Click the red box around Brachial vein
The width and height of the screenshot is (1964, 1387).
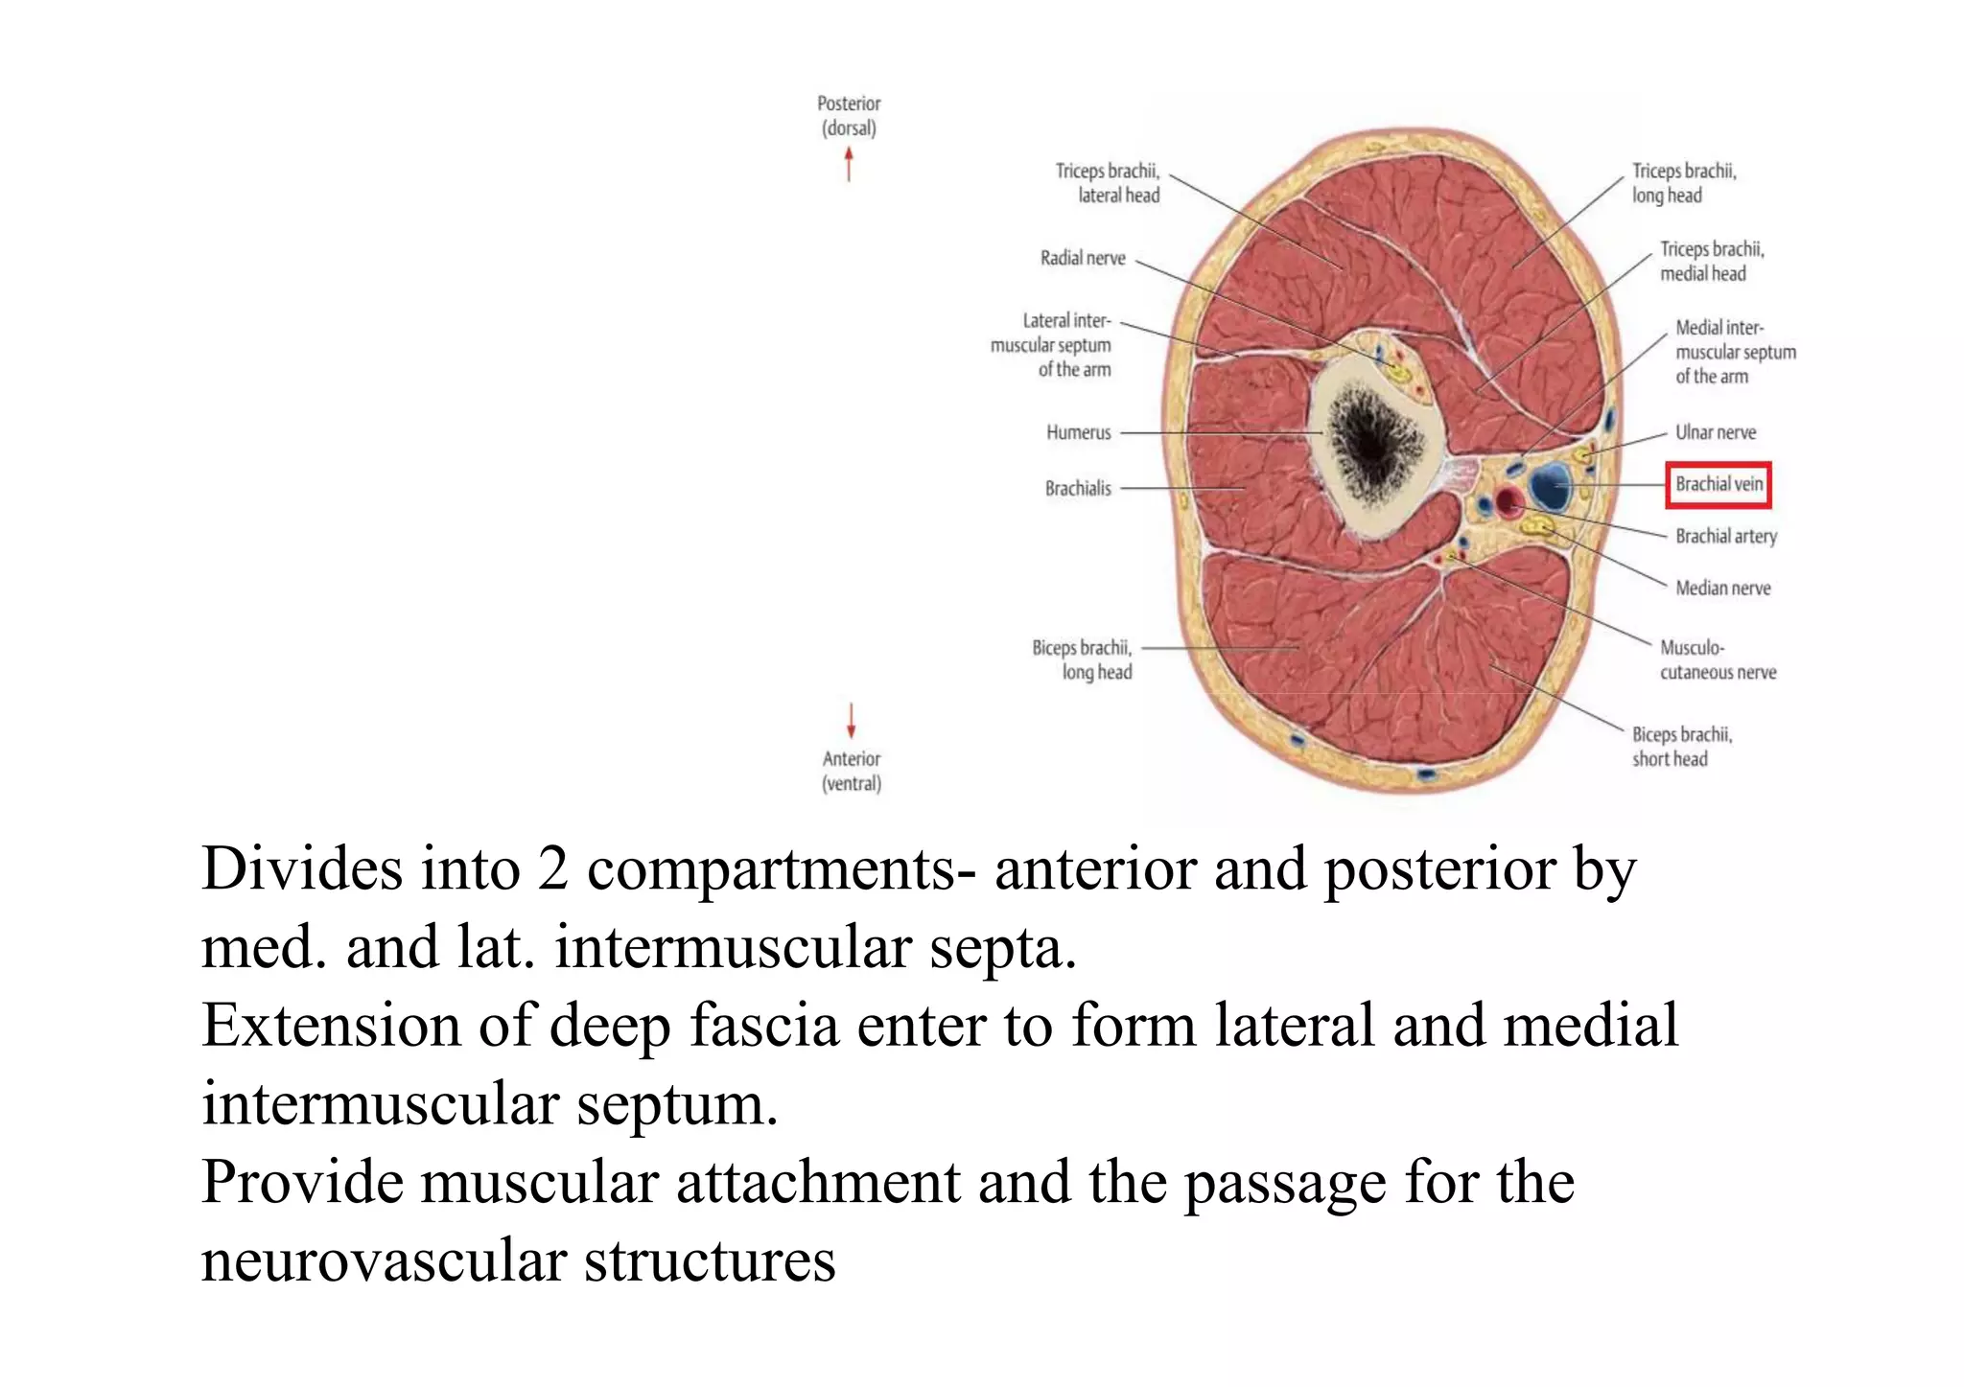[x=1718, y=485]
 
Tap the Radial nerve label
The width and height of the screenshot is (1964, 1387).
[x=1083, y=258]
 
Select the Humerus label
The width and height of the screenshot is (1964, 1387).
[x=1078, y=432]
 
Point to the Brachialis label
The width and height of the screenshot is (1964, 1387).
[x=1078, y=489]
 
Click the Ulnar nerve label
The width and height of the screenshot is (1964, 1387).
[x=1716, y=432]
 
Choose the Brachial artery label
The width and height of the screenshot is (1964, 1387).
[x=1725, y=537]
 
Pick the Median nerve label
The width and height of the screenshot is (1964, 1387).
[x=1722, y=589]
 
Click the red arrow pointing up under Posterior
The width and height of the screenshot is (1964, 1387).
[x=849, y=163]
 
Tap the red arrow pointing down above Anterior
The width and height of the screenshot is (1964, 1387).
[x=851, y=720]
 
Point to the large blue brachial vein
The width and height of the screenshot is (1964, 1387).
[x=1549, y=485]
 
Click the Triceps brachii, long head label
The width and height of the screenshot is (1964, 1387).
[x=1684, y=183]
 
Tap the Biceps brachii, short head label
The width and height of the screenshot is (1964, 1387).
[x=1682, y=747]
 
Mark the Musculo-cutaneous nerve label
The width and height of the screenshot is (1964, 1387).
[x=1718, y=659]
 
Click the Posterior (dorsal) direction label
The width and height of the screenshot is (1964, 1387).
[x=849, y=115]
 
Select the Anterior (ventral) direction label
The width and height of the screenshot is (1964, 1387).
[x=852, y=771]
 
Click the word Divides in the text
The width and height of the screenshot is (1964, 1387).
[x=302, y=869]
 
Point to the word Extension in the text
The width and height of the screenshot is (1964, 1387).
[x=331, y=1026]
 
